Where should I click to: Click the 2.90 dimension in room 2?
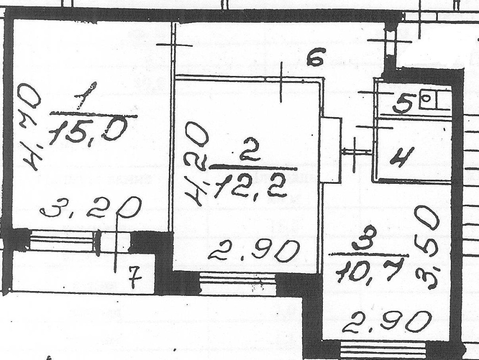coord(253,253)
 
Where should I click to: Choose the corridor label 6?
coord(315,60)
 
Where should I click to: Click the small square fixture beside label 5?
coord(427,99)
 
